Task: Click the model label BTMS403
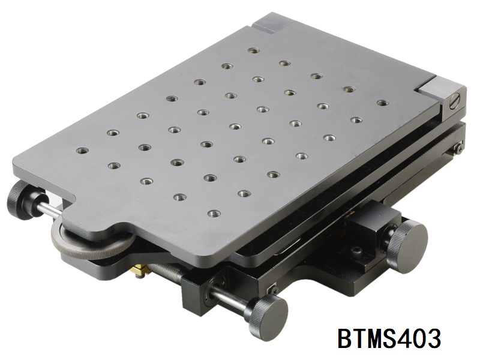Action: tap(389, 338)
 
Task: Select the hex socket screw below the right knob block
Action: tap(357, 251)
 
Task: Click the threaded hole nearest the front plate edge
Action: tap(213, 212)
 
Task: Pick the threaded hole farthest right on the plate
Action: tap(382, 103)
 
